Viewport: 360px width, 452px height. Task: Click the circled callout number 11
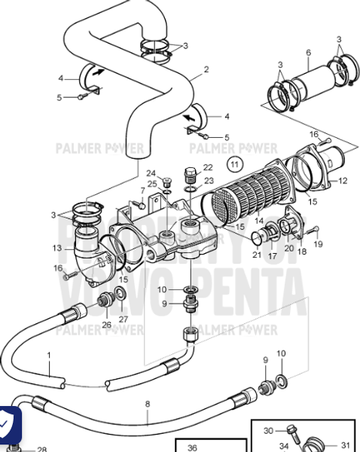click(x=236, y=162)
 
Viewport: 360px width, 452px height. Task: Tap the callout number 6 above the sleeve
click(x=308, y=52)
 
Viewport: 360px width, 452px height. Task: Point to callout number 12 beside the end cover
click(x=343, y=180)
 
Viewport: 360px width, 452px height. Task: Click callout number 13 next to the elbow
click(x=57, y=248)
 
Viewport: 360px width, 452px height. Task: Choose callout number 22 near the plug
click(x=208, y=167)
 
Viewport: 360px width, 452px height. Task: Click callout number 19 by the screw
click(x=317, y=245)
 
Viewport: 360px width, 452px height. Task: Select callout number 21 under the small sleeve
click(x=256, y=255)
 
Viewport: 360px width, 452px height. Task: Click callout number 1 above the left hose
click(x=50, y=354)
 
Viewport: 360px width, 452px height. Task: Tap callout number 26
click(x=106, y=325)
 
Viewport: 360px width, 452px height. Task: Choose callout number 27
click(x=124, y=319)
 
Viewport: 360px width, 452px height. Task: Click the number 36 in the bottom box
click(x=192, y=447)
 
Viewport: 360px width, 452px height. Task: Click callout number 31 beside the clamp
click(x=346, y=444)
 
